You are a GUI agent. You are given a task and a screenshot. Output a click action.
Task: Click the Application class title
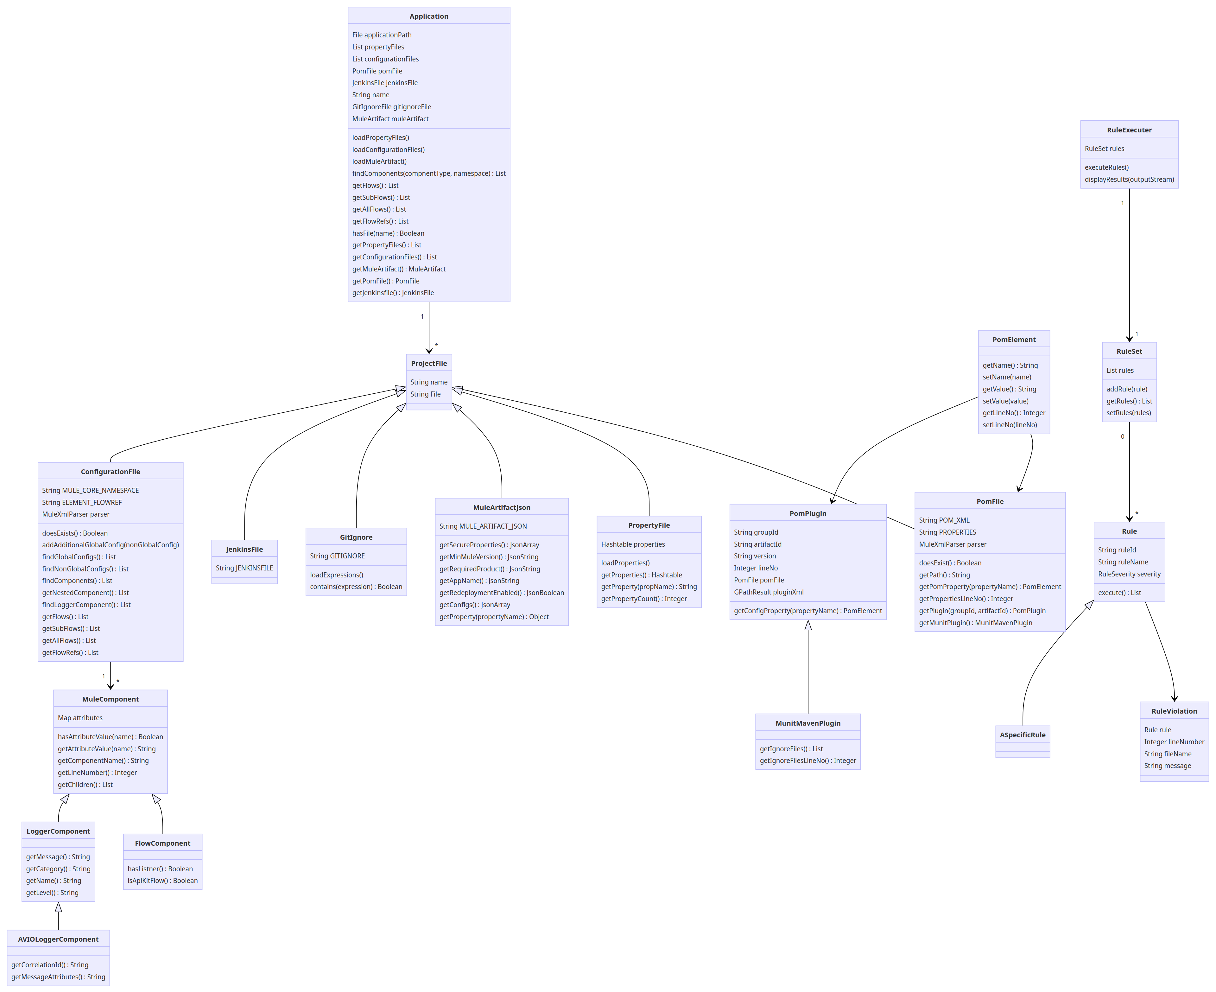pyautogui.click(x=428, y=16)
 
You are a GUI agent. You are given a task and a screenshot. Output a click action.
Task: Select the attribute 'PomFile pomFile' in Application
pyautogui.click(x=377, y=71)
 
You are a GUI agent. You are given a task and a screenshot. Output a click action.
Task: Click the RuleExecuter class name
pyautogui.click(x=1129, y=130)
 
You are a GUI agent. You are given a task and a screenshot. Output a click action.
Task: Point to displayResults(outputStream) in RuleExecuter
pyautogui.click(x=1129, y=180)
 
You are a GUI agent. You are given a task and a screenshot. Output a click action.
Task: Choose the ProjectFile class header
pyautogui.click(x=428, y=363)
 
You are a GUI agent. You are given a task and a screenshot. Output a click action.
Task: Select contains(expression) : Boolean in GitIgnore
pyautogui.click(x=356, y=587)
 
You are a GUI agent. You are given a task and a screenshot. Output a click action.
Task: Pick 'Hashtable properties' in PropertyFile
pyautogui.click(x=632, y=544)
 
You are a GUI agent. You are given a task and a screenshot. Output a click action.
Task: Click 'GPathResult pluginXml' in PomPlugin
pyautogui.click(x=768, y=592)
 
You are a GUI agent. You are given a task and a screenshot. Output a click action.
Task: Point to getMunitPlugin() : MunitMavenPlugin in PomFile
pyautogui.click(x=975, y=623)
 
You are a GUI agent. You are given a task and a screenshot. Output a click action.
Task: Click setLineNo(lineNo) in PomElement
pyautogui.click(x=1009, y=424)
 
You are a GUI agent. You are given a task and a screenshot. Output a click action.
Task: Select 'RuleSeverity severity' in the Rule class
pyautogui.click(x=1129, y=574)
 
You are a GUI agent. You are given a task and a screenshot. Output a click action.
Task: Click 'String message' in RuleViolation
pyautogui.click(x=1167, y=766)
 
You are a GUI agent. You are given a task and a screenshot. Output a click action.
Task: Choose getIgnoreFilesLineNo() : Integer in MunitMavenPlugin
pyautogui.click(x=807, y=760)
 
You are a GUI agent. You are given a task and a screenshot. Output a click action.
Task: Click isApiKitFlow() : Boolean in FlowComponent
pyautogui.click(x=162, y=881)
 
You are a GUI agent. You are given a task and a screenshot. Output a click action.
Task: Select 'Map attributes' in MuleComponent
pyautogui.click(x=80, y=718)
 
